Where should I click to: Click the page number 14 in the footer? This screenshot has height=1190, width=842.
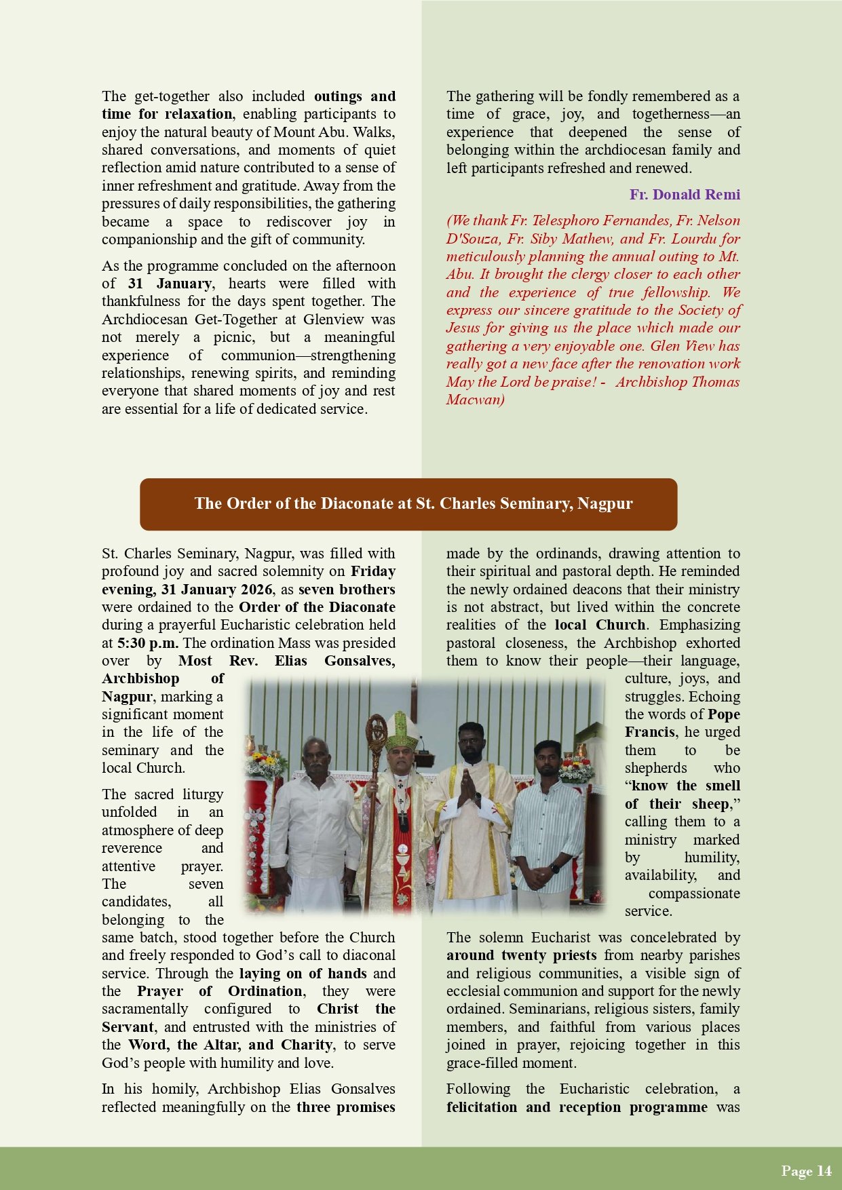coord(824,1170)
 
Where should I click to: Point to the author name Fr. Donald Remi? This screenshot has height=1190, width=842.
coord(685,195)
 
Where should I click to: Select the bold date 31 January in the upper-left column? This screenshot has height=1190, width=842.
coord(170,284)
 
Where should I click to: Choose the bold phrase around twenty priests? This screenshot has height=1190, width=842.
coord(521,955)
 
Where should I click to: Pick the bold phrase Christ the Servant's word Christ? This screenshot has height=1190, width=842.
coord(337,1009)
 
